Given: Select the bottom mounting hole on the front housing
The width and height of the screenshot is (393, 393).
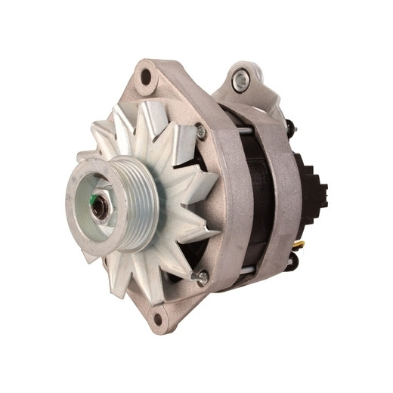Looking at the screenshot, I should [158, 316].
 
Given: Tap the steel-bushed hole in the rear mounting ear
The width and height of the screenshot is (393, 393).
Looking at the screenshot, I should [241, 77].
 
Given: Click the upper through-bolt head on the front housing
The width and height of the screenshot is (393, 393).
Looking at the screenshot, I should [200, 132].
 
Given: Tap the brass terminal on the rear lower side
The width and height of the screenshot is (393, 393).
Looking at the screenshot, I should [300, 245].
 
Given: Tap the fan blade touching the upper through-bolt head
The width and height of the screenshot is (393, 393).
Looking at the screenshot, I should [181, 140].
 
